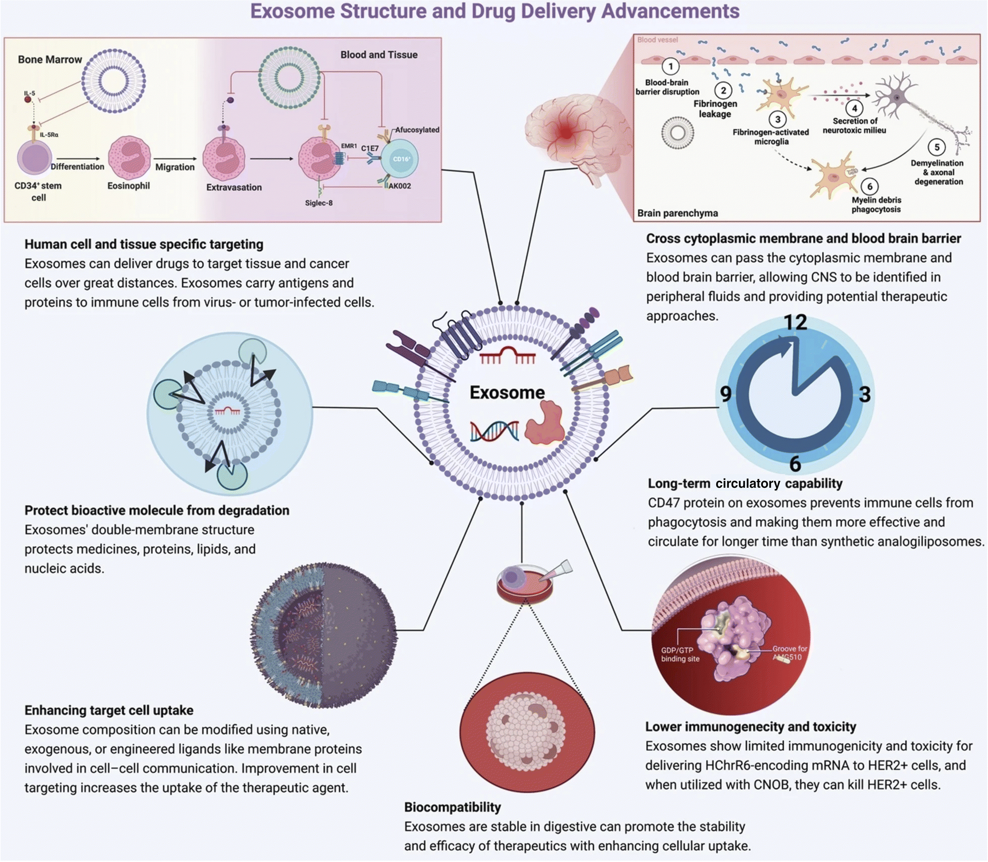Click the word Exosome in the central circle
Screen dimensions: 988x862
[x=507, y=392]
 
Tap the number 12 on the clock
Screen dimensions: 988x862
[x=795, y=322]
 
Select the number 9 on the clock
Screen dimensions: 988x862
[x=726, y=393]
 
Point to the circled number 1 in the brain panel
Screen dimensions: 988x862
[x=671, y=66]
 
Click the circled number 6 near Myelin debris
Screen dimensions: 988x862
[x=870, y=186]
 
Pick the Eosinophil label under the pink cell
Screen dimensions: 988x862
[x=128, y=186]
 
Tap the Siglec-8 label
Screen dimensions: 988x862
[x=319, y=203]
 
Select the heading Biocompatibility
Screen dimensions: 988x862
[x=453, y=807]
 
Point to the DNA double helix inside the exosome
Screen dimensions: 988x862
[x=494, y=431]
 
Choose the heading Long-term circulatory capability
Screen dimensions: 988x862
[x=745, y=483]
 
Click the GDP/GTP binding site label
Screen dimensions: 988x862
[x=680, y=654]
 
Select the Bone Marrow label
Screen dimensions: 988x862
[x=50, y=59]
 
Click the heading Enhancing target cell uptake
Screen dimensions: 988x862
[x=109, y=711]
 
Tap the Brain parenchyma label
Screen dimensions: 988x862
[x=677, y=213]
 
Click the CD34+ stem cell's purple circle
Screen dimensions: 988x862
[x=35, y=158]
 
